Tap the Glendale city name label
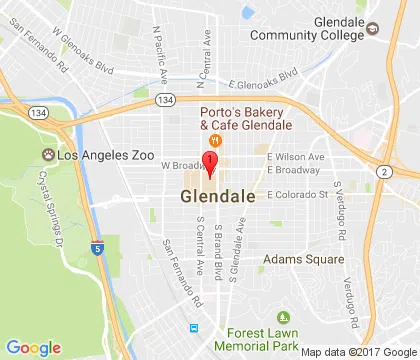218,197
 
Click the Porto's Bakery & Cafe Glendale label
245,118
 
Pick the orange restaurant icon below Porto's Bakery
214,142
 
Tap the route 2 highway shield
384,172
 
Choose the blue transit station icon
194,328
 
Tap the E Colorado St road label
296,194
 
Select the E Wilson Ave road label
295,157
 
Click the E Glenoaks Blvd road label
264,78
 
